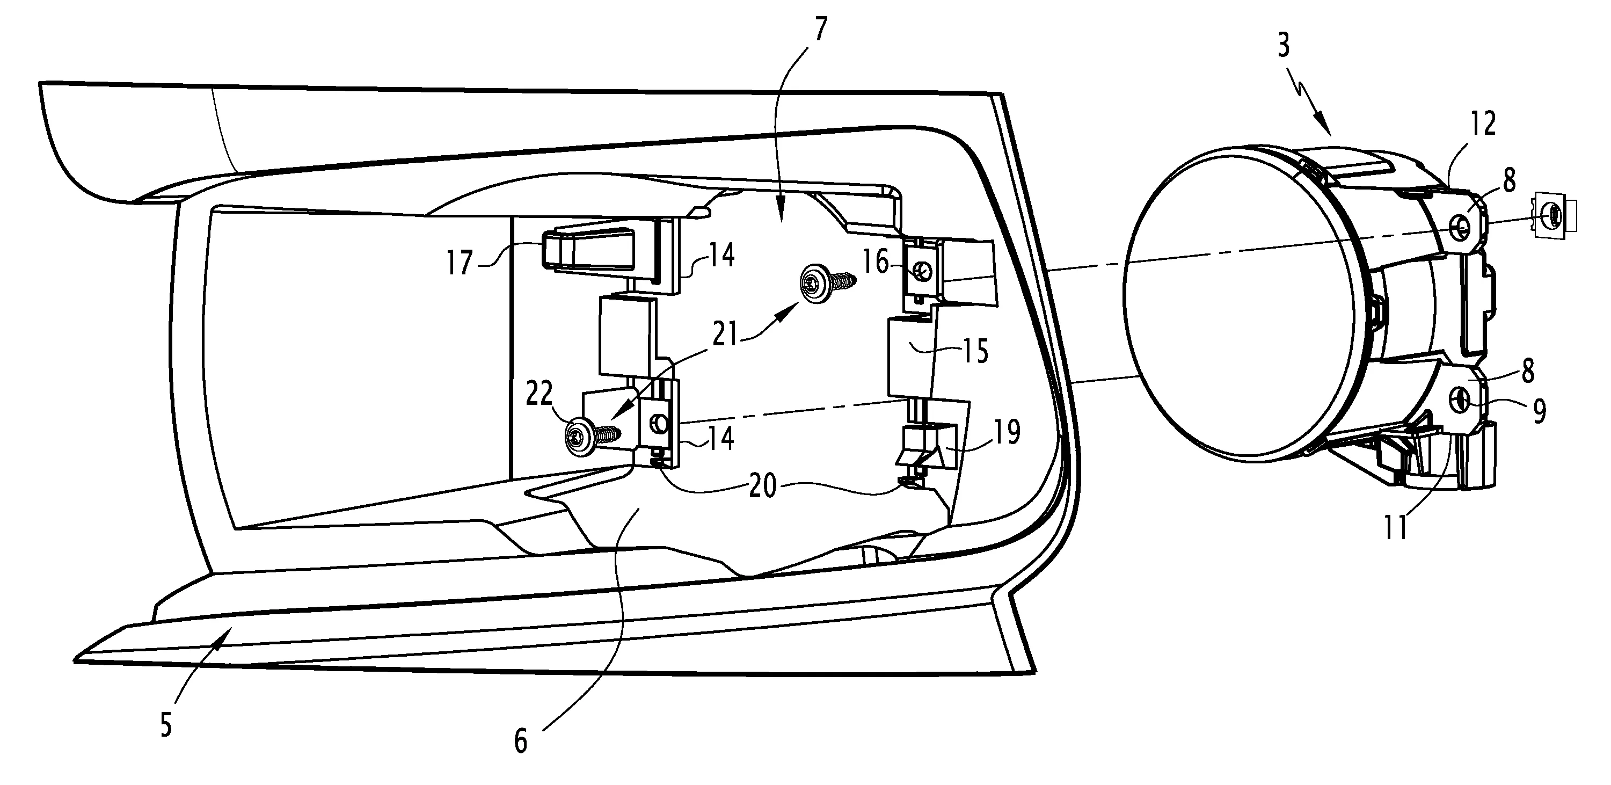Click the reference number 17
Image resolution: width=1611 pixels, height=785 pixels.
click(x=459, y=263)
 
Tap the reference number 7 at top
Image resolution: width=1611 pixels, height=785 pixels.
click(x=820, y=30)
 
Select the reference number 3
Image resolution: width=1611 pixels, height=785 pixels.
click(x=1284, y=46)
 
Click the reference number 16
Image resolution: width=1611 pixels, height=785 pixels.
click(x=876, y=261)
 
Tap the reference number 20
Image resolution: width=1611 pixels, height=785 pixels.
click(x=762, y=485)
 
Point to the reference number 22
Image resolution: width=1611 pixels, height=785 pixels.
click(x=539, y=394)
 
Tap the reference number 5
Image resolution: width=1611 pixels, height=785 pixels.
click(x=166, y=725)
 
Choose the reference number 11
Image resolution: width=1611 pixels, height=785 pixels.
click(x=1396, y=527)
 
